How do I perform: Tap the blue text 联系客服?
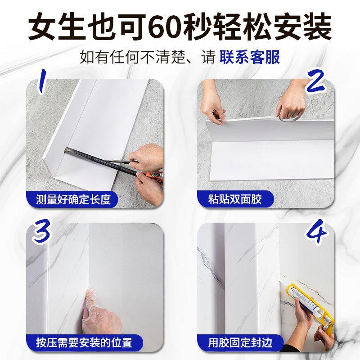(250, 57)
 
